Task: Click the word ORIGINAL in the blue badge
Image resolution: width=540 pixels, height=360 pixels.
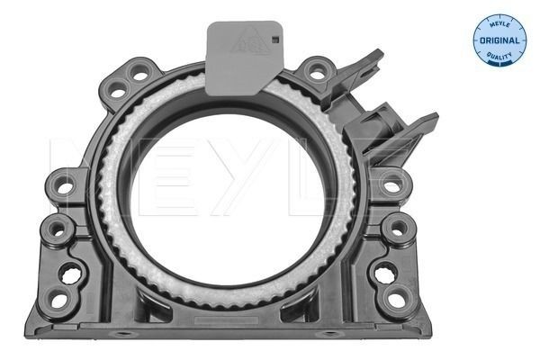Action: (499, 41)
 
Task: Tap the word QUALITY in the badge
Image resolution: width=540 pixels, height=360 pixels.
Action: (499, 57)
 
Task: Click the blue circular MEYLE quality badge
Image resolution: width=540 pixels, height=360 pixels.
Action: (499, 40)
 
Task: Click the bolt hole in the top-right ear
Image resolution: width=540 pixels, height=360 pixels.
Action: (318, 69)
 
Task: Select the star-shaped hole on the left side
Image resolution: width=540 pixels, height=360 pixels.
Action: (70, 271)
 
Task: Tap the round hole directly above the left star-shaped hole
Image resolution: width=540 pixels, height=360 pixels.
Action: (58, 229)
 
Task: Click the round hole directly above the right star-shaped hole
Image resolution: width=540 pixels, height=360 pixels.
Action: (396, 229)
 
